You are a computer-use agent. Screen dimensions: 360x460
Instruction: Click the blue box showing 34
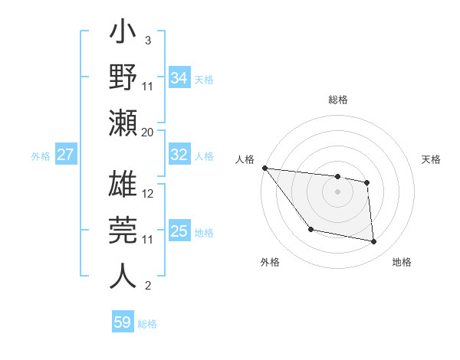tap(179, 78)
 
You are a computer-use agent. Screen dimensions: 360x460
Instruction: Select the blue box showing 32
tap(179, 155)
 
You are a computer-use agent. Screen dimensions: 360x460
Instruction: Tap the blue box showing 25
tap(179, 231)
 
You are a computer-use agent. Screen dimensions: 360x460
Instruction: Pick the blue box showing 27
tap(66, 155)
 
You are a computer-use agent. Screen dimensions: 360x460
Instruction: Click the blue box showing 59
tap(123, 322)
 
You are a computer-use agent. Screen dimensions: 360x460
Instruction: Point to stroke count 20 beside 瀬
tap(148, 133)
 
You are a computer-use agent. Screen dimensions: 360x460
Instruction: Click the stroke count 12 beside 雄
tap(148, 194)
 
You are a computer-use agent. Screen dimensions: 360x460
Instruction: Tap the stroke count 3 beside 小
tap(148, 40)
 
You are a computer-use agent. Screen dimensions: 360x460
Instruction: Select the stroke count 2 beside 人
tap(148, 286)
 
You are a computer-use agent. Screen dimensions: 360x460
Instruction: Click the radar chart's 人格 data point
tap(264, 168)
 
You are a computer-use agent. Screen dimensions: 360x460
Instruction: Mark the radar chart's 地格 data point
tap(374, 242)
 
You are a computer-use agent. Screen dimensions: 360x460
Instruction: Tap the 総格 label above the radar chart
tap(337, 100)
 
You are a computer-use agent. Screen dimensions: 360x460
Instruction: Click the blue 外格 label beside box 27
tap(41, 155)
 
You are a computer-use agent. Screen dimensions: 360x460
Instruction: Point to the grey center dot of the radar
tap(337, 191)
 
